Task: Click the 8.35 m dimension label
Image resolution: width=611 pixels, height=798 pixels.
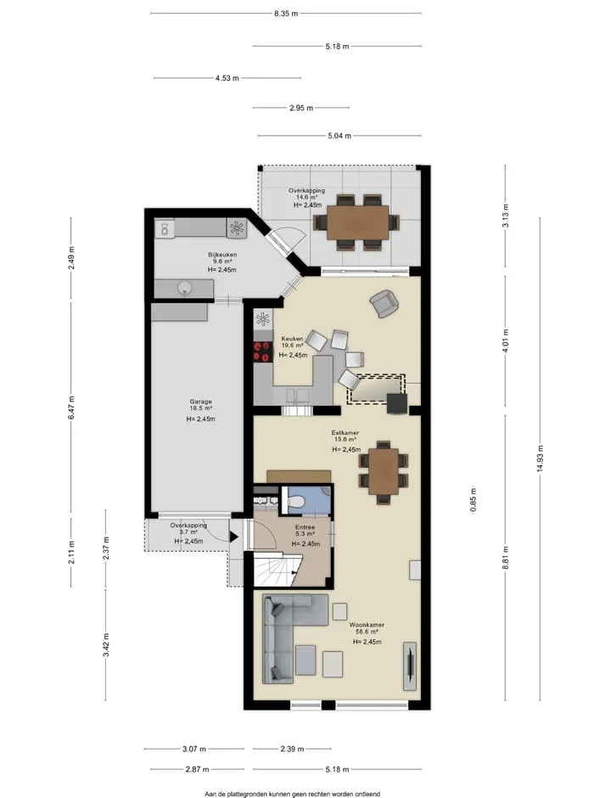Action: pos(286,14)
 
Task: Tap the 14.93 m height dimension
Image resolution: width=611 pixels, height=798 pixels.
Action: pos(540,458)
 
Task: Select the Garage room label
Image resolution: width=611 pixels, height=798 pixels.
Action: pos(200,402)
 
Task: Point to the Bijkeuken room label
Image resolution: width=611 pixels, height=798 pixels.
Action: pos(222,255)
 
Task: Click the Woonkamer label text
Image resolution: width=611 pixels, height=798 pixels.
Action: pos(367,625)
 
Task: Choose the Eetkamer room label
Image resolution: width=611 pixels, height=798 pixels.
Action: pos(345,433)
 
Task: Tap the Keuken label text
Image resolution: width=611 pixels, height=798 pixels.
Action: pos(292,339)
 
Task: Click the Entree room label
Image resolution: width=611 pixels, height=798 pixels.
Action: pos(305,527)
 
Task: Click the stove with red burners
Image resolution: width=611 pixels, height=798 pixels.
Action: pos(263,351)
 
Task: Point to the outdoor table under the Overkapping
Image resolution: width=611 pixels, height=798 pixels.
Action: pos(357,222)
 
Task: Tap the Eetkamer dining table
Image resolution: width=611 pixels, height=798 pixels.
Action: pos(384,472)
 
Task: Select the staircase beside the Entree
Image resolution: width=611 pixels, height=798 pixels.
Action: pos(275,570)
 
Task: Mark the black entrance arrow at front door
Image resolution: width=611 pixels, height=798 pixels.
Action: pos(233,537)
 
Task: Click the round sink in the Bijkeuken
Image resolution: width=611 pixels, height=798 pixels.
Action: pos(186,289)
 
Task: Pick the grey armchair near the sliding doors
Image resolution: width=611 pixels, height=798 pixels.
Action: pos(384,303)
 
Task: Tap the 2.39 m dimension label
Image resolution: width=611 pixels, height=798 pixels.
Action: pos(292,749)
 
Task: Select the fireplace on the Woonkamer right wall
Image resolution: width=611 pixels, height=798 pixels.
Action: pos(410,666)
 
